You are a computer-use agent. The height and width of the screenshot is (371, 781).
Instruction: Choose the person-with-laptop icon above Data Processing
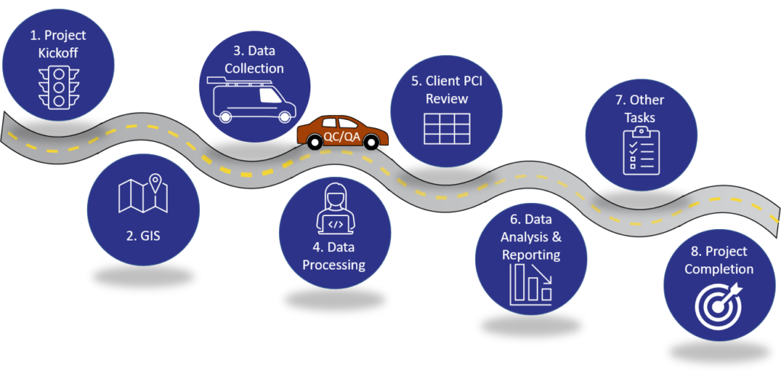coord(334,208)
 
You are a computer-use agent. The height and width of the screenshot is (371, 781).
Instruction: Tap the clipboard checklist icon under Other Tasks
coord(639,151)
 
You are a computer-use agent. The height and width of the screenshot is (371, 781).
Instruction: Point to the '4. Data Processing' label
coord(334,256)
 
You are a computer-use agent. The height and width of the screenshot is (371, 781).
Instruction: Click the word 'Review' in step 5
coord(447,99)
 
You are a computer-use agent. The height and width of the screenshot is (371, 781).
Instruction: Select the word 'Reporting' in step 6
coord(532,254)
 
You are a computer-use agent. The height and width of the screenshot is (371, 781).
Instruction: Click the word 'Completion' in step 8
coord(718,269)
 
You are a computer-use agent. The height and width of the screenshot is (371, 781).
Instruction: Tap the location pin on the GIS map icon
coord(156,183)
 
